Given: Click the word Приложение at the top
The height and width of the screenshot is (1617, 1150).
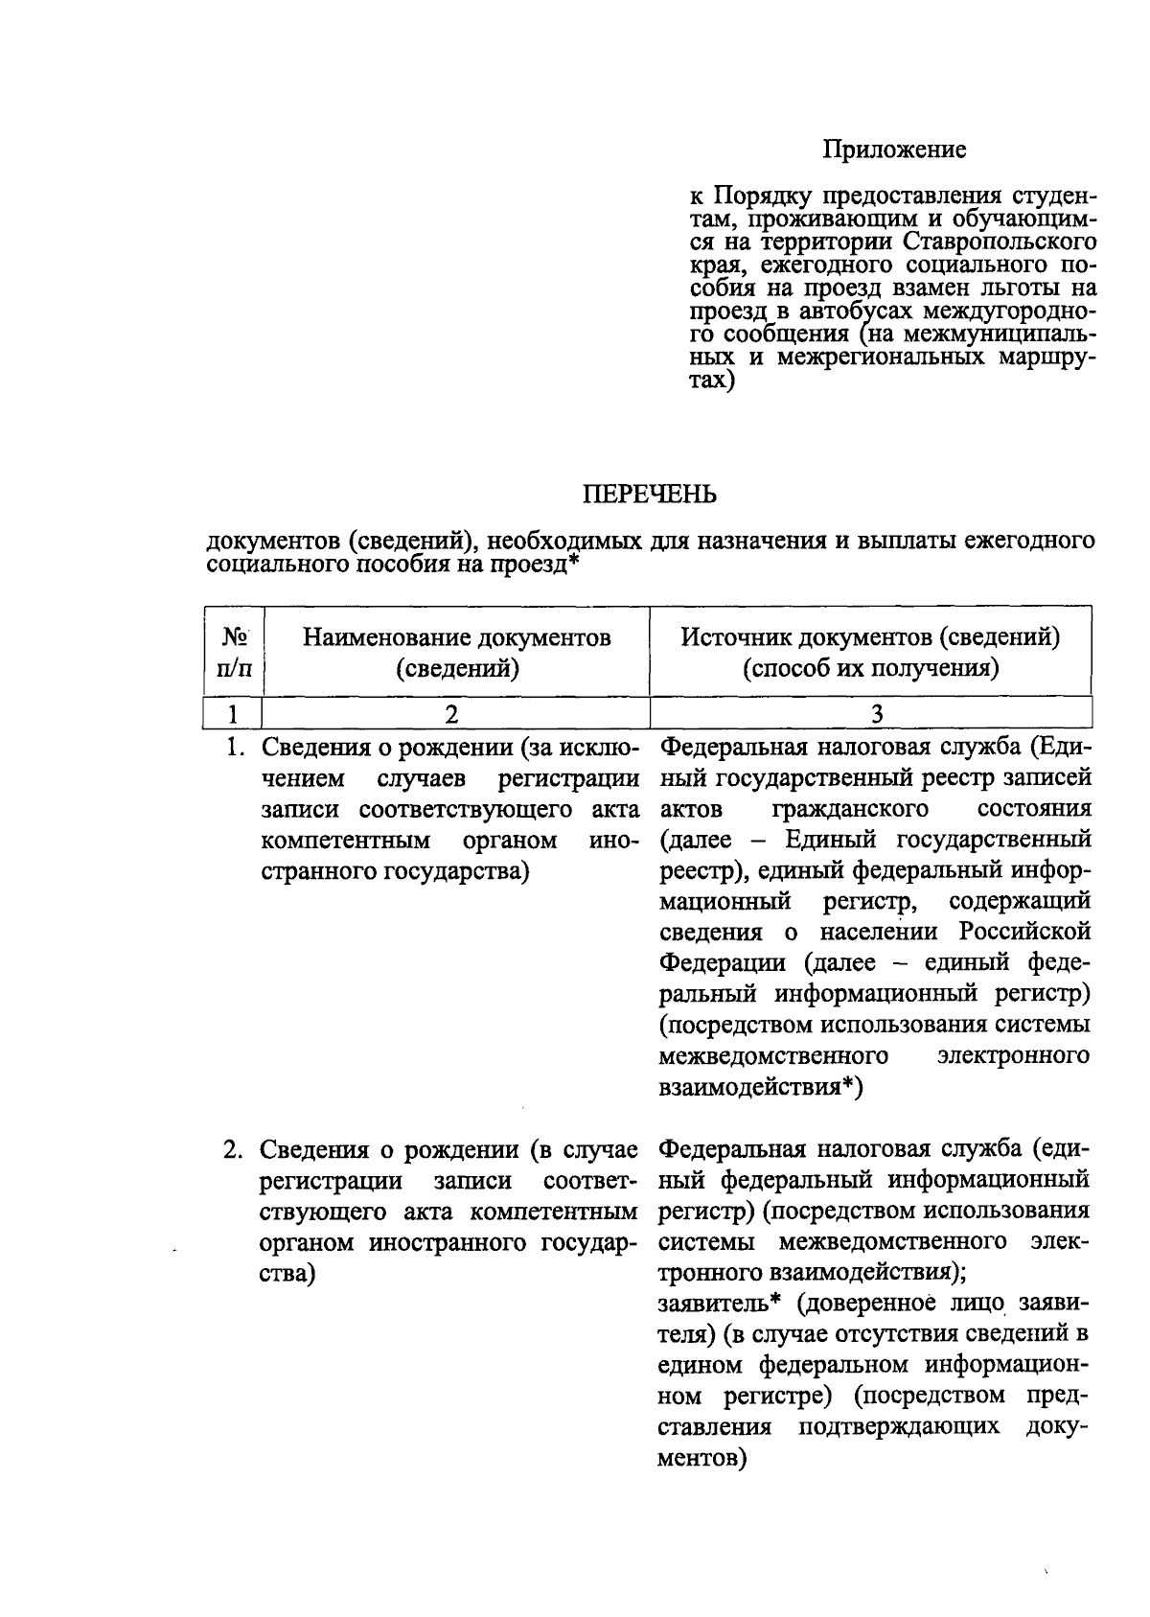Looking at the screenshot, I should coord(894,150).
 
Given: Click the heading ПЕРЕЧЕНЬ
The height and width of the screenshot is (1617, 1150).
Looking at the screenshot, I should coord(650,495).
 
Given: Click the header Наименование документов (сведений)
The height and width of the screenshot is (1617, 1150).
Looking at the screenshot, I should coord(457,652).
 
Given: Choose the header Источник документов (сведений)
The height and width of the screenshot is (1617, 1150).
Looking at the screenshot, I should coord(870,652).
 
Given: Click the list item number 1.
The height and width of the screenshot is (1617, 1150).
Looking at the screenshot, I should coord(233,747).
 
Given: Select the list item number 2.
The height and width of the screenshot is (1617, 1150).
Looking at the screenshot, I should coord(232,1149).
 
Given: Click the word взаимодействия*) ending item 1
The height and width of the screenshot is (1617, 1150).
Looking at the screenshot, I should coord(761,1088).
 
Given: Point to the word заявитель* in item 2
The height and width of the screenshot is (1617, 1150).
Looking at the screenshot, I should coord(723,1304).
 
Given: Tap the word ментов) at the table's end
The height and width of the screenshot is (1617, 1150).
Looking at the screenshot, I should coord(702,1458).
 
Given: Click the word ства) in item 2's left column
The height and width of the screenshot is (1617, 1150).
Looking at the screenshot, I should coord(287,1274).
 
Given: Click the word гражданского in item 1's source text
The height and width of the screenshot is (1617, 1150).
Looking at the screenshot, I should coord(849,809).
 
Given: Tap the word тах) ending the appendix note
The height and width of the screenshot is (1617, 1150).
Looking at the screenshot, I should coord(712,381).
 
